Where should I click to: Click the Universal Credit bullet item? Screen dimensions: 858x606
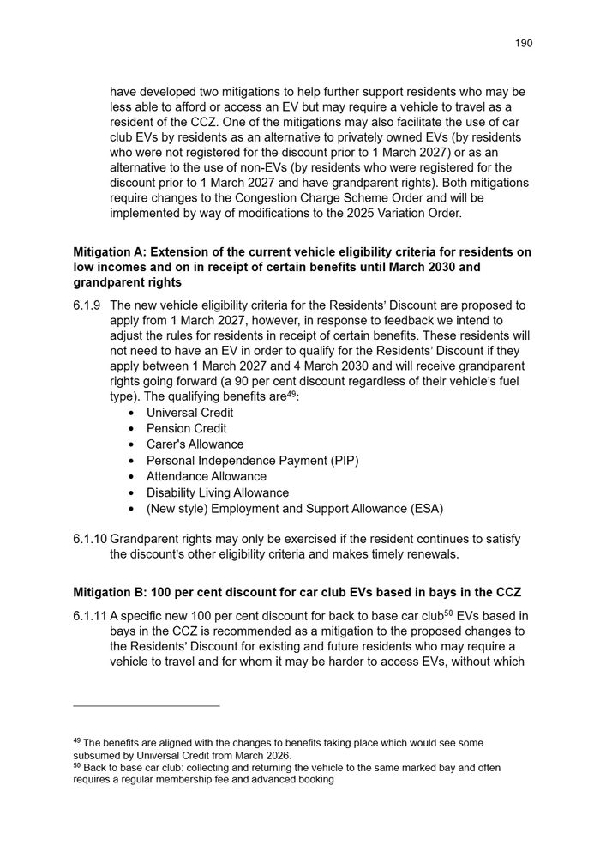tap(189, 412)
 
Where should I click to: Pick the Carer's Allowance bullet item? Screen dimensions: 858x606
tap(195, 444)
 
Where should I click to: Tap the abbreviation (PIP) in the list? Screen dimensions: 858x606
tap(343, 461)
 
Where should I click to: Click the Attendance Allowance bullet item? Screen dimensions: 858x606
tap(206, 476)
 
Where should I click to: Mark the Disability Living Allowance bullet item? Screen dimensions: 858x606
tap(217, 492)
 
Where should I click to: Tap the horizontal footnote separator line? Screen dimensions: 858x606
tap(147, 705)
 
